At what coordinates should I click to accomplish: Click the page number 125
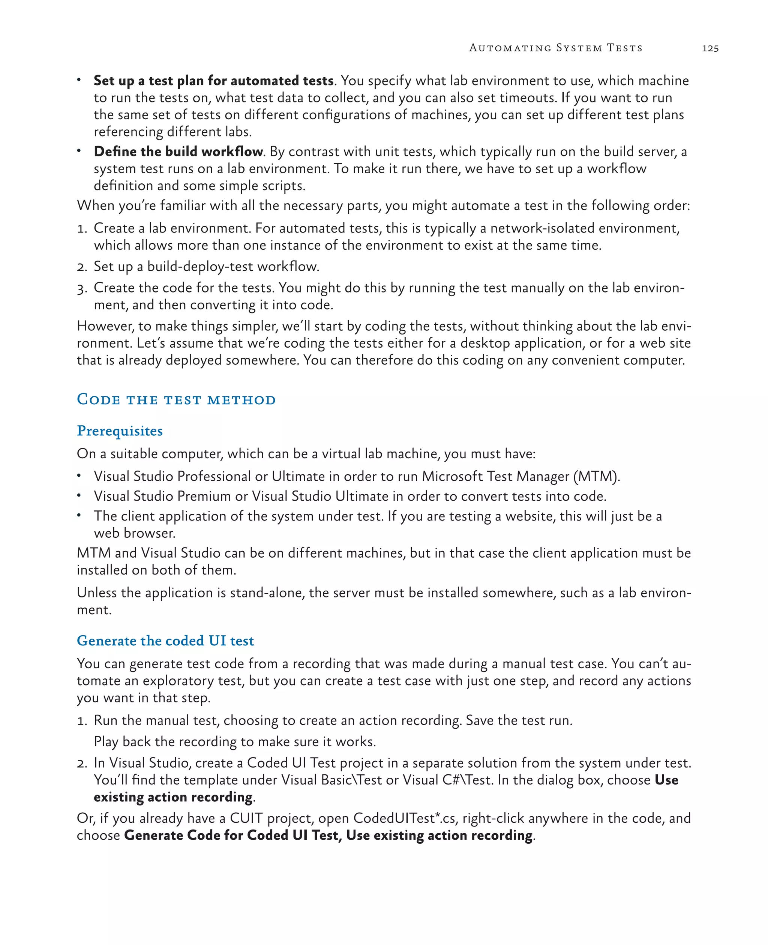click(709, 48)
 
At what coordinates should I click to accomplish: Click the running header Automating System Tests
click(556, 48)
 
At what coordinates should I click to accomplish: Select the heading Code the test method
click(176, 399)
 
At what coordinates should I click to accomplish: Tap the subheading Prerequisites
click(120, 430)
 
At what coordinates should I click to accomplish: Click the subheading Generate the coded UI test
click(165, 640)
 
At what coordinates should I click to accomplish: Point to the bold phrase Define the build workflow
click(178, 151)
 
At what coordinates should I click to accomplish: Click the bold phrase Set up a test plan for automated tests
click(213, 81)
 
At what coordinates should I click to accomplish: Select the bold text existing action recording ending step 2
click(173, 797)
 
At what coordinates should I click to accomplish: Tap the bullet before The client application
click(79, 515)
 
